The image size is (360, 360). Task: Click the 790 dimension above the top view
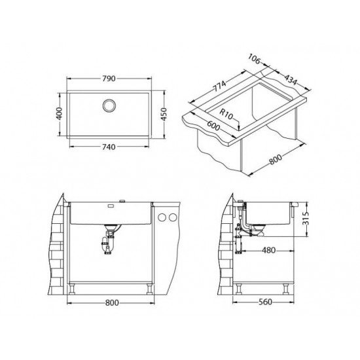tap(109, 79)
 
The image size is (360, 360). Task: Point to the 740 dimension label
tap(109, 147)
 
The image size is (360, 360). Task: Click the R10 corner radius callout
tap(230, 116)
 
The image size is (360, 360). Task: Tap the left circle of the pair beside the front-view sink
tap(163, 217)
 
